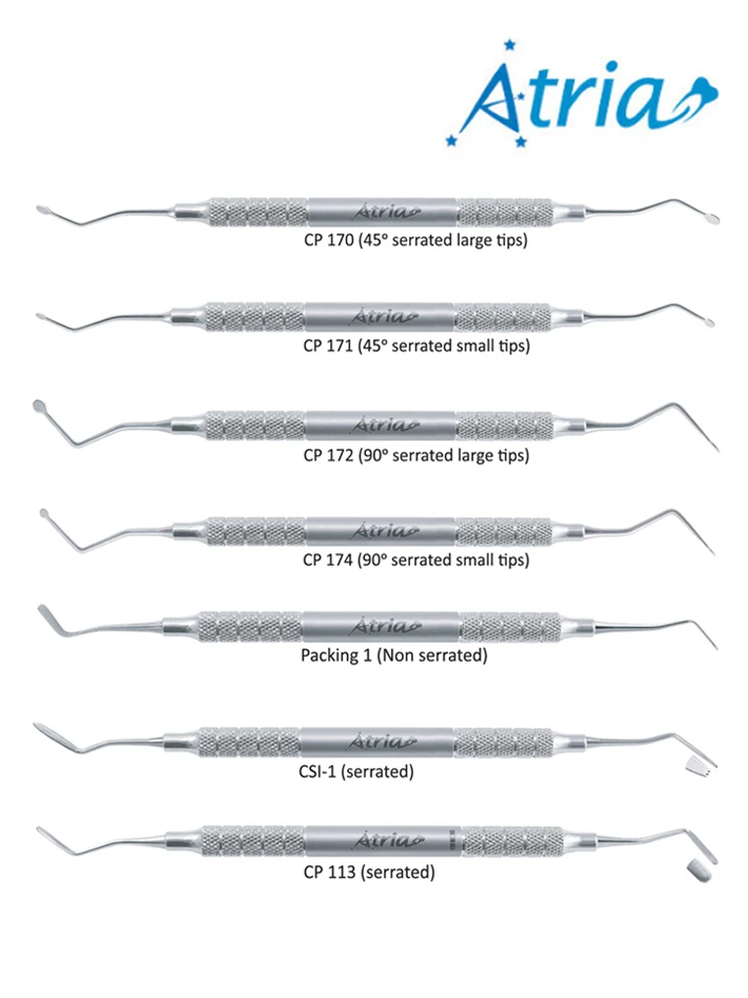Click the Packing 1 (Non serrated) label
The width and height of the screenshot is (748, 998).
tap(393, 656)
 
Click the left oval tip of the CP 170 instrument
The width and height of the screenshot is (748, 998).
tap(45, 211)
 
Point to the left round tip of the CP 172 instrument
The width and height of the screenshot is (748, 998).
tap(40, 406)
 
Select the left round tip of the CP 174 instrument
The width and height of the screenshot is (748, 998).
tap(44, 513)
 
